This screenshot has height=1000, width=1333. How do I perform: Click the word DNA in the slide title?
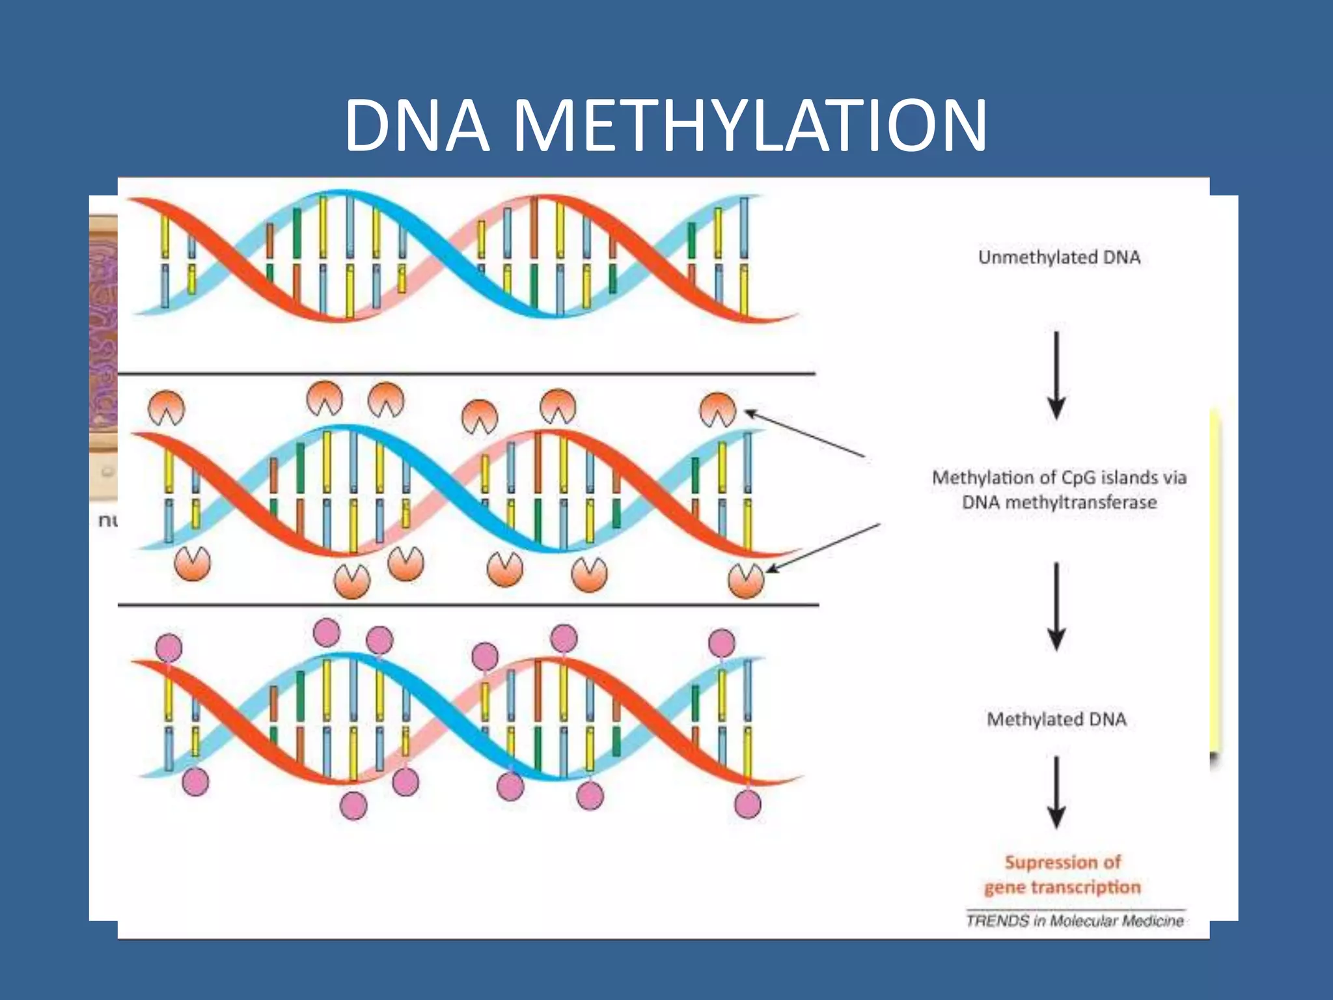[417, 125]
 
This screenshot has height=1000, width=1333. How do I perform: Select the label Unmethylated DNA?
[1059, 257]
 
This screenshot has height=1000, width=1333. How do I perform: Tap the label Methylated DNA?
[1056, 719]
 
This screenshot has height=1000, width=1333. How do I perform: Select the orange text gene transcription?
[1062, 887]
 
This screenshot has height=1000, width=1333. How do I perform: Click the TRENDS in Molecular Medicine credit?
[1075, 921]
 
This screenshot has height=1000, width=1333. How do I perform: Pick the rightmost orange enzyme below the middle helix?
[746, 580]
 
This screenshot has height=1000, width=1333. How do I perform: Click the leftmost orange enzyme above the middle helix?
[167, 408]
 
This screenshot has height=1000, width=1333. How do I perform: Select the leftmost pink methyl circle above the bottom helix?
[169, 648]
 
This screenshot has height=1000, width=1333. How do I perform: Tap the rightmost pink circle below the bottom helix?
[747, 804]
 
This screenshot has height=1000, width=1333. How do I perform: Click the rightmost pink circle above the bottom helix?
[721, 643]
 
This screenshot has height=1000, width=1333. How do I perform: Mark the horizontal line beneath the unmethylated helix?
[466, 374]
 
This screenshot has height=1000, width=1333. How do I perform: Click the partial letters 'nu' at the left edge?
[107, 520]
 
